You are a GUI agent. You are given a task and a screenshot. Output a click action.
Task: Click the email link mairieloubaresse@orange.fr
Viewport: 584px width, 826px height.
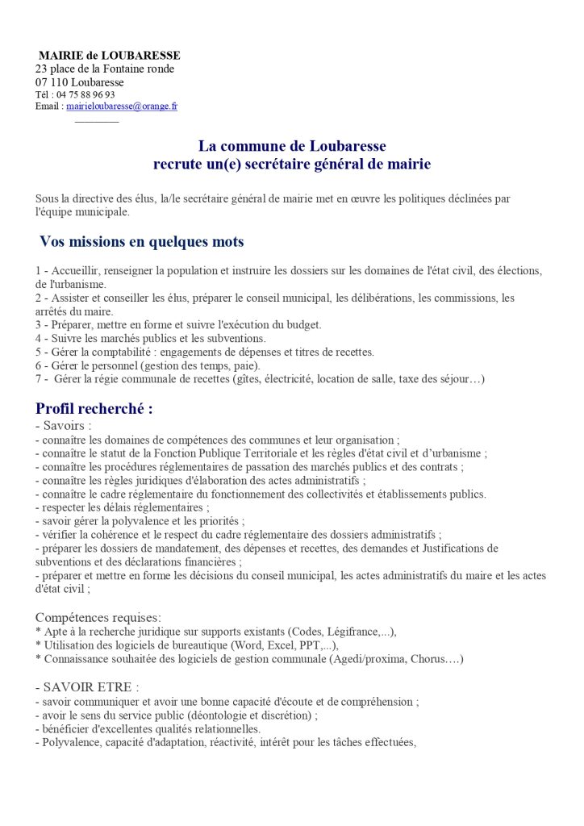(122, 106)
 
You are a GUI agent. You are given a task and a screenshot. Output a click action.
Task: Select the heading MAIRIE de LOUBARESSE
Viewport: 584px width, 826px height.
(109, 56)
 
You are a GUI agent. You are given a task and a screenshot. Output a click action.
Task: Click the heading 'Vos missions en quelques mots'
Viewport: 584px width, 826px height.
(142, 242)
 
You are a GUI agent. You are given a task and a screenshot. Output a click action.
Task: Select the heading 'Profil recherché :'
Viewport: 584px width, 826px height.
(94, 409)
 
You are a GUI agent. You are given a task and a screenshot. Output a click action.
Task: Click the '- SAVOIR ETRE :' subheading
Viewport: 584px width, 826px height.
(87, 687)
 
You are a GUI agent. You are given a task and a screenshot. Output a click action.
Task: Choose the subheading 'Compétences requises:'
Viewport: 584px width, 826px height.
(98, 617)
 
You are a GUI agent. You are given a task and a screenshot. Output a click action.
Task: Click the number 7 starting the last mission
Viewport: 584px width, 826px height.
(39, 379)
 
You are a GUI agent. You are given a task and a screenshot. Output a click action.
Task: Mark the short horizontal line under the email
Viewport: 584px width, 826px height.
(96, 122)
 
